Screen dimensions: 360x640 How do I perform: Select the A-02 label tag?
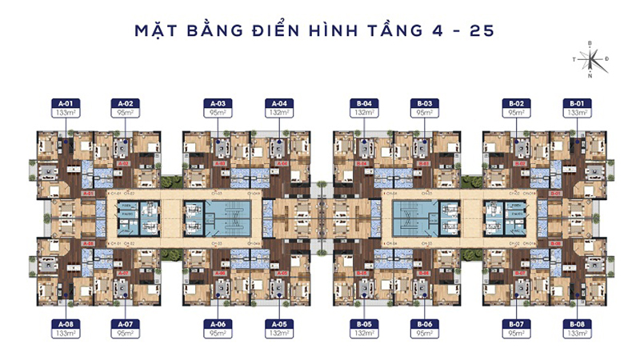coord(125,108)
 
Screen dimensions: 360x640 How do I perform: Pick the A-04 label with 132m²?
coord(279,108)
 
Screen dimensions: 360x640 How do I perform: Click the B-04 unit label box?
coord(364,108)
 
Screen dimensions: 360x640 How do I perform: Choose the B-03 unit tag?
coord(425,108)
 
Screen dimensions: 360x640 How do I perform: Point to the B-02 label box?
coord(517,108)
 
